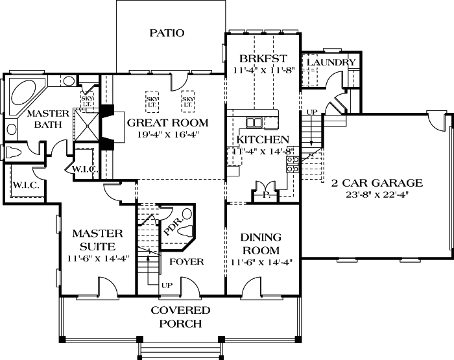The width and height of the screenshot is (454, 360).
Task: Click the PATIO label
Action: click(167, 33)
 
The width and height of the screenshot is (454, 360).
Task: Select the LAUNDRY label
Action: click(331, 62)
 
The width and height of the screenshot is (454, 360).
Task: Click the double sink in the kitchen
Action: click(254, 122)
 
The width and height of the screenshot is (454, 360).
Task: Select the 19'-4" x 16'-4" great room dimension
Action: click(167, 135)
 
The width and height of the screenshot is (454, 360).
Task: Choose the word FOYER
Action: click(186, 262)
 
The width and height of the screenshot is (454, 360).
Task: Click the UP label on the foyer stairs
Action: click(166, 285)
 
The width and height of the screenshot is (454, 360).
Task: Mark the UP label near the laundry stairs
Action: click(312, 112)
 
